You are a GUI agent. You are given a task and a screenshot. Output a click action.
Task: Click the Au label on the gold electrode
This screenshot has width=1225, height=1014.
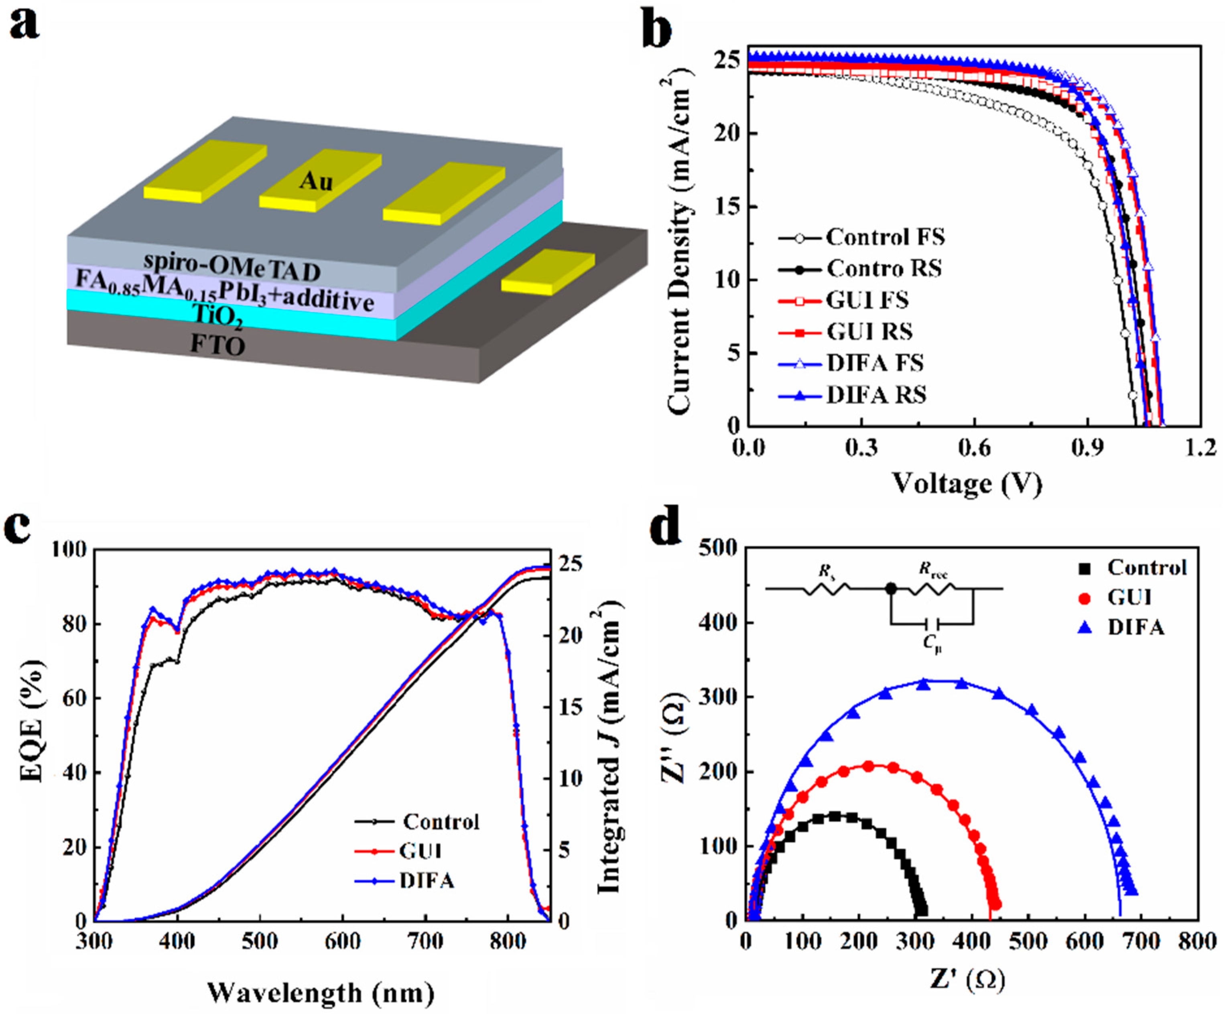click(x=316, y=181)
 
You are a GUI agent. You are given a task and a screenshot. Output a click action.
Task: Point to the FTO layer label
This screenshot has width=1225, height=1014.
click(x=217, y=346)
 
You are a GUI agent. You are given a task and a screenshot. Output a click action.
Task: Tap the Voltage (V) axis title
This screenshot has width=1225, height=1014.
click(x=967, y=483)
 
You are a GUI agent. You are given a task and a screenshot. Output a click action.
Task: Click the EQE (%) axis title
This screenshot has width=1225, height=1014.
click(x=32, y=721)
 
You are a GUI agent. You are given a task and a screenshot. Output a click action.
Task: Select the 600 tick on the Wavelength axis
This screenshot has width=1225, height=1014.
click(x=342, y=941)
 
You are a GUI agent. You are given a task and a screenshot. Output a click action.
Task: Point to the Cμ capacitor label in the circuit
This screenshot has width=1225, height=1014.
click(x=932, y=645)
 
